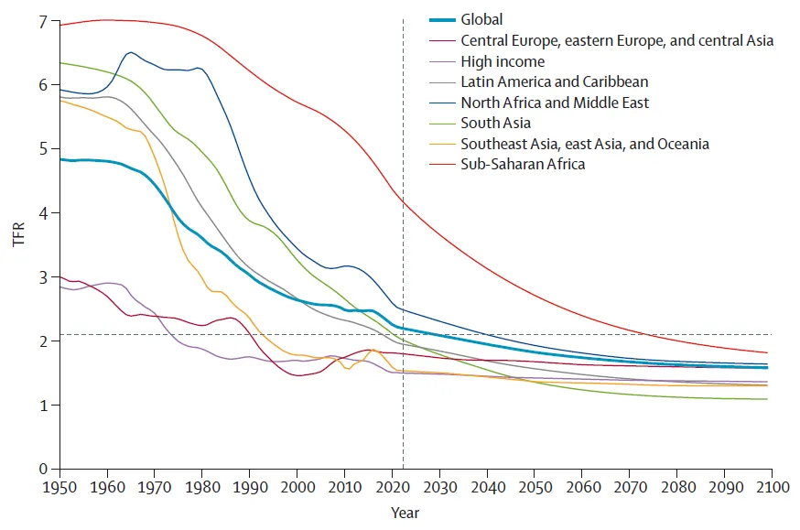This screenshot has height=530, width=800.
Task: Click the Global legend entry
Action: point(481,19)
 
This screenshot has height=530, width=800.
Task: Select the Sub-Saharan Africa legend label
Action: point(523,165)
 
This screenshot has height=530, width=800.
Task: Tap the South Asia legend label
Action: point(495,124)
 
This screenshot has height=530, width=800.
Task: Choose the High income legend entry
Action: point(503,61)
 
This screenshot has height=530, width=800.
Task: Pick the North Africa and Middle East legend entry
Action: point(555,103)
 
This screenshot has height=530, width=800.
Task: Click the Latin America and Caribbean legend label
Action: point(555,82)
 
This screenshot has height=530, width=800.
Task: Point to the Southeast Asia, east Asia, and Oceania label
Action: point(585,144)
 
